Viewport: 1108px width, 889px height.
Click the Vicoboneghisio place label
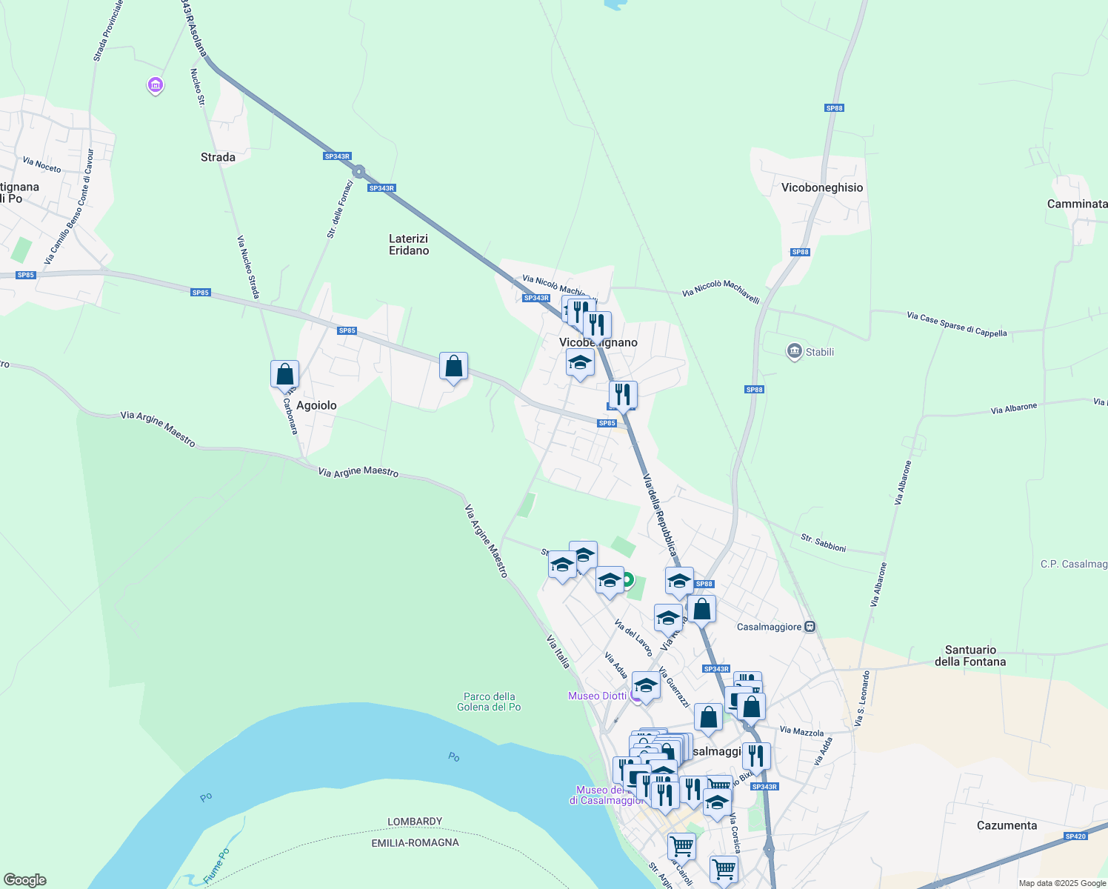822,187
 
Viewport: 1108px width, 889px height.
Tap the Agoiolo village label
316,405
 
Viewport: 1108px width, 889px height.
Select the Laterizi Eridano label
409,244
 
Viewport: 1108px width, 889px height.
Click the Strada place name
218,157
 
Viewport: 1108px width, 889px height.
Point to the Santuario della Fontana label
970,656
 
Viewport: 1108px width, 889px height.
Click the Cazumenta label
1007,825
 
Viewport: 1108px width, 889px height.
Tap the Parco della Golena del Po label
489,702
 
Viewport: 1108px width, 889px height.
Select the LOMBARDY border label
415,822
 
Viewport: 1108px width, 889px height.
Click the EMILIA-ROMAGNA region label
415,842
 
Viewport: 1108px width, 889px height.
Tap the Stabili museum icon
795,351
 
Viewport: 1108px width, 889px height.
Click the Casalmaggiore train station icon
810,627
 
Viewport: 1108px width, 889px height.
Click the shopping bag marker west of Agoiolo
284,375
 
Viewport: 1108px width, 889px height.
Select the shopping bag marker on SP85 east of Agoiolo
453,367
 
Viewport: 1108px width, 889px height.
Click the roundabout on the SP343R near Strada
359,172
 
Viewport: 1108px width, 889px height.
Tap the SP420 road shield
1075,836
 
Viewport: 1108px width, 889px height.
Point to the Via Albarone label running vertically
903,483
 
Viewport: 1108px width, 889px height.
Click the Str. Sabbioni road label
823,543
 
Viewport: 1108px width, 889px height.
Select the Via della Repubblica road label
659,515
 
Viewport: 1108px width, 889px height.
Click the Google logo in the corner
24,880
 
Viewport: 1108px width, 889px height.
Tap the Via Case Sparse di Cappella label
957,324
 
